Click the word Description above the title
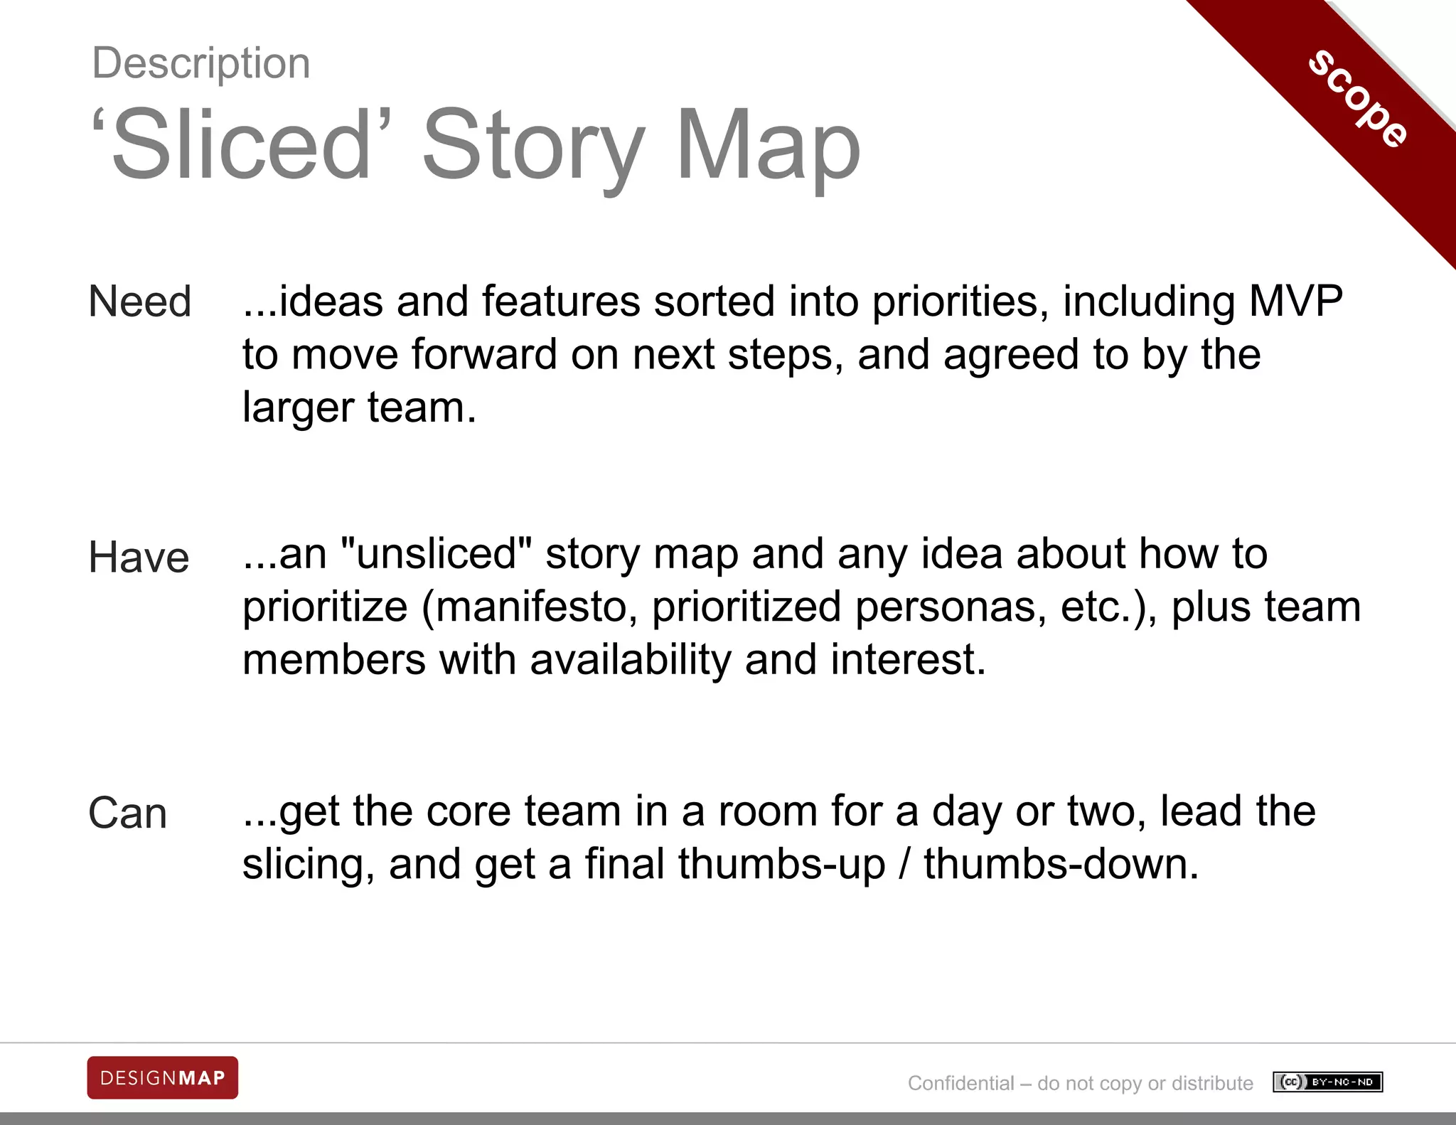click(201, 63)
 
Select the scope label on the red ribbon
click(1358, 100)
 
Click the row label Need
click(140, 302)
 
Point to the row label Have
click(139, 558)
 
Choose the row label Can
click(128, 814)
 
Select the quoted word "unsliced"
click(437, 554)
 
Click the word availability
click(630, 660)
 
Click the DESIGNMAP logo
click(163, 1078)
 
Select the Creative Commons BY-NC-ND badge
click(1328, 1082)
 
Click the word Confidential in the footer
click(960, 1083)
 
